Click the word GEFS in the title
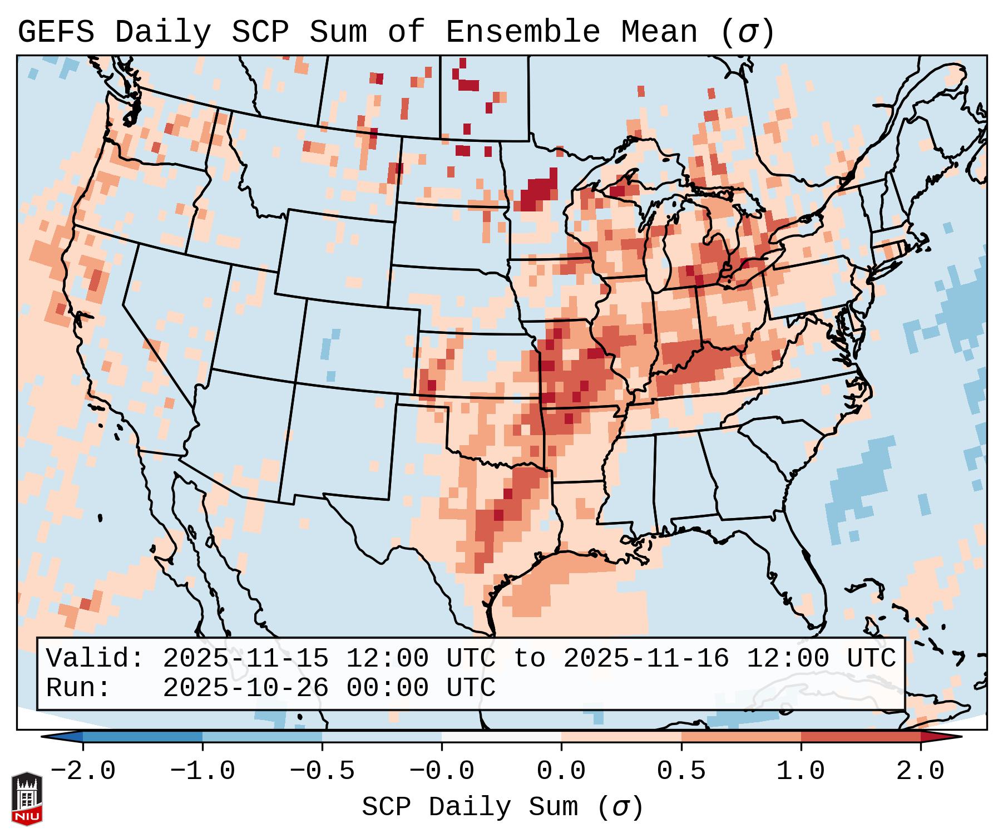click(56, 32)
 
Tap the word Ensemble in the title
click(522, 32)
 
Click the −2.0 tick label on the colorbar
click(83, 771)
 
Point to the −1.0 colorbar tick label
click(202, 771)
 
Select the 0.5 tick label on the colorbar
click(681, 771)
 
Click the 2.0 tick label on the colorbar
click(920, 771)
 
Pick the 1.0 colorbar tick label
click(801, 771)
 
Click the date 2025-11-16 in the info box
click(646, 658)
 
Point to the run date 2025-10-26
click(245, 688)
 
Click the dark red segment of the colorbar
click(860, 737)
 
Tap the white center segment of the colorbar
click(501, 737)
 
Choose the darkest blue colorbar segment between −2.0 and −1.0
click(142, 737)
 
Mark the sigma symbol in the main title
click(747, 32)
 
